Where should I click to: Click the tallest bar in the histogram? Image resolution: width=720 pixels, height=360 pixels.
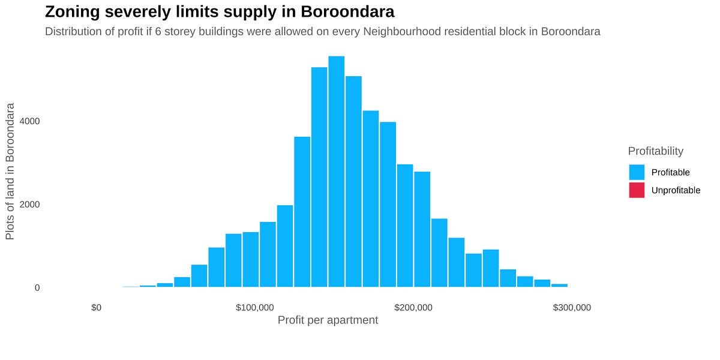(336, 174)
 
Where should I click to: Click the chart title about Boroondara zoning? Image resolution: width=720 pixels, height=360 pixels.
(220, 12)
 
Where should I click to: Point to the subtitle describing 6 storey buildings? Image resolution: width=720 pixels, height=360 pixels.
(322, 32)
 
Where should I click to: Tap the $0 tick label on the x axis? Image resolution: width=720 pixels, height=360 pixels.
(96, 308)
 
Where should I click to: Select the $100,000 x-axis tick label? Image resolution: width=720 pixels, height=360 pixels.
(255, 308)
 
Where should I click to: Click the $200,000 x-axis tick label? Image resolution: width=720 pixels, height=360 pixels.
(413, 308)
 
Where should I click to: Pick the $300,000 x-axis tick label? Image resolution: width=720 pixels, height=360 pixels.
(572, 308)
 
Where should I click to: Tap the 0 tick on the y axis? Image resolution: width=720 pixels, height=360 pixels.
(37, 288)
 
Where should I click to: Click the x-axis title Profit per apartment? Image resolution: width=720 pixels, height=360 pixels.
(328, 320)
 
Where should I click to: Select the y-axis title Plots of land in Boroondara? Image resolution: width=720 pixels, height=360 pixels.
(10, 171)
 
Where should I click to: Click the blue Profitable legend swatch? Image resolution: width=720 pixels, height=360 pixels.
(637, 172)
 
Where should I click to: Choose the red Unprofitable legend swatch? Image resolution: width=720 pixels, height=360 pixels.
(637, 190)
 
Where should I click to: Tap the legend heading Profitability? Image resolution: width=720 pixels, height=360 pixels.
(655, 151)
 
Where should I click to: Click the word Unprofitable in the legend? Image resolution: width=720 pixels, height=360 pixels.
(676, 190)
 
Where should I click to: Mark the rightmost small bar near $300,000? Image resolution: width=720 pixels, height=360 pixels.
(559, 286)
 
